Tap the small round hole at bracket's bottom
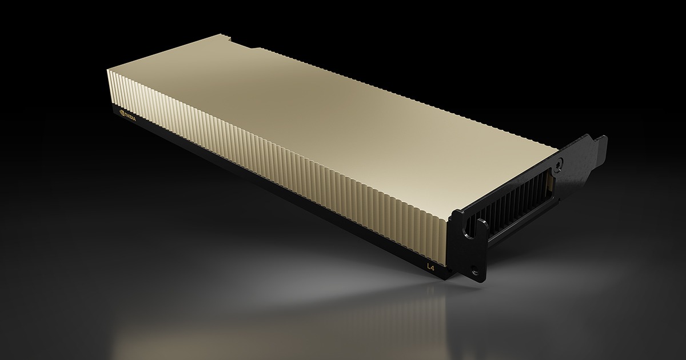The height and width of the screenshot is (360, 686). pyautogui.click(x=473, y=267)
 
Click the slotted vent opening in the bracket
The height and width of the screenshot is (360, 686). pyautogui.click(x=514, y=203)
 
